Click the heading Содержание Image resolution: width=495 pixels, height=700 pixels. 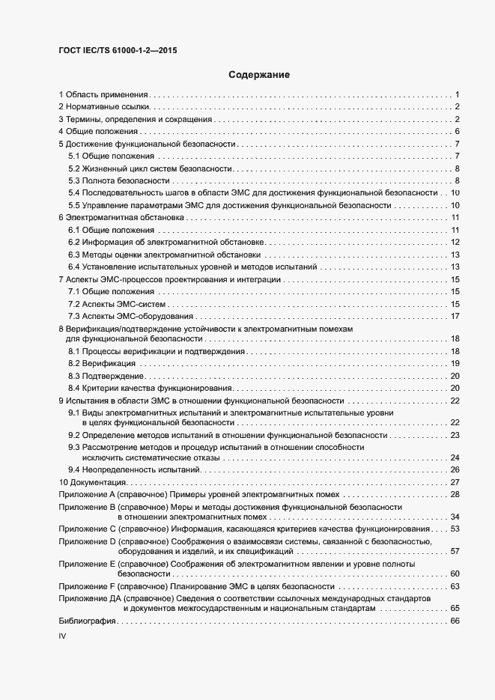point(258,75)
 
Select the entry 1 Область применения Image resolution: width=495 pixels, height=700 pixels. point(104,94)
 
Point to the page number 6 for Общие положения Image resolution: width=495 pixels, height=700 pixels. point(456,132)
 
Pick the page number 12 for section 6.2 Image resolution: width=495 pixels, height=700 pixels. point(455,242)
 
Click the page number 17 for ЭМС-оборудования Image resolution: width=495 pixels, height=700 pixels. point(455,315)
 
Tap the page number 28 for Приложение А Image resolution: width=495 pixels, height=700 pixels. point(455,494)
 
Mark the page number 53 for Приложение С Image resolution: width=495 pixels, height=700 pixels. point(455,529)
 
